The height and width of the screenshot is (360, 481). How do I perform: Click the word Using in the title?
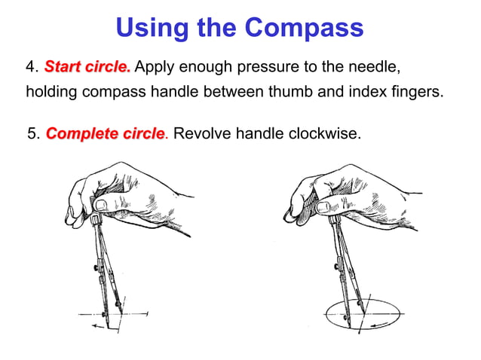tap(153, 28)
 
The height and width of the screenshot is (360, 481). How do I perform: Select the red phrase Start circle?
tap(87, 68)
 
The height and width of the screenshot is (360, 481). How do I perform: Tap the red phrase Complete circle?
tap(105, 134)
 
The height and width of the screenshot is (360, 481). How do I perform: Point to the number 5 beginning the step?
tap(31, 135)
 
